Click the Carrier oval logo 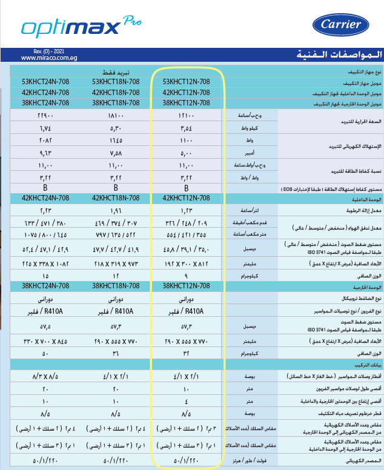click(340, 25)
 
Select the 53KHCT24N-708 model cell click(45, 82)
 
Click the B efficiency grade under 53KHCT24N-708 click(45, 188)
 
